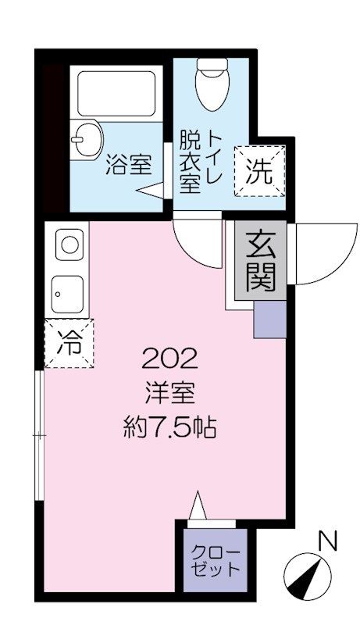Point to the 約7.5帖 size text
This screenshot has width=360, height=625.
pos(169,427)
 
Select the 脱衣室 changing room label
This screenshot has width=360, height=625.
pos(190,161)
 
